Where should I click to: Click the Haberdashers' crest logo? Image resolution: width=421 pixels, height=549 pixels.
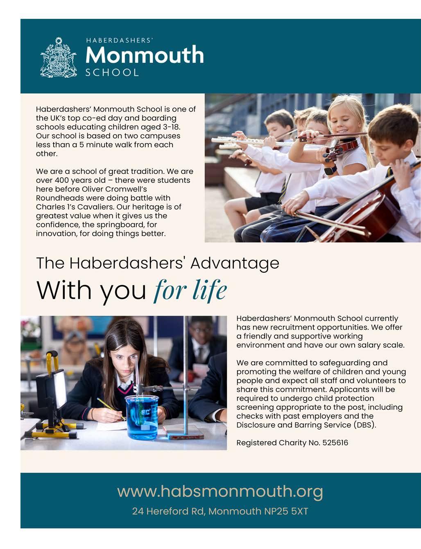[59, 57]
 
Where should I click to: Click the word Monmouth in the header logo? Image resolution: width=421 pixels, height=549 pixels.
[145, 55]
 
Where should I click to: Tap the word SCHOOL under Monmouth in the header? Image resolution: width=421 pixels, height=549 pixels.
[112, 72]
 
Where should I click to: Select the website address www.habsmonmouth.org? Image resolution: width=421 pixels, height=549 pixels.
[220, 491]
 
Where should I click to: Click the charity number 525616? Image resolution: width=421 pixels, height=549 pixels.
[335, 443]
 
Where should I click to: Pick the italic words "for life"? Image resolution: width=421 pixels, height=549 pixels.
[190, 290]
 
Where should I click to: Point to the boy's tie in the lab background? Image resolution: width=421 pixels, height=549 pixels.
[201, 354]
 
